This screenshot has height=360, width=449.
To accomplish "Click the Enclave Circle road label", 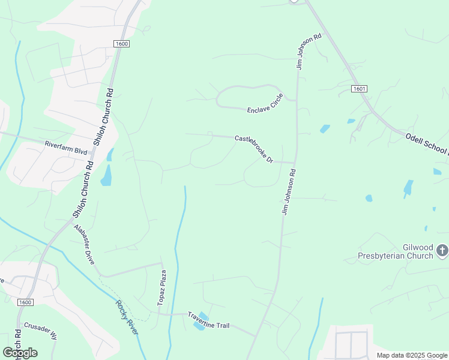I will coord(265,104).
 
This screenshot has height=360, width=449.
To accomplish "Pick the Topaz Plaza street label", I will coord(161,288).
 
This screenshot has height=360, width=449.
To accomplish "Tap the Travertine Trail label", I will coord(209,320).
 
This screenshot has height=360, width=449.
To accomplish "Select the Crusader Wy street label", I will coord(40,331).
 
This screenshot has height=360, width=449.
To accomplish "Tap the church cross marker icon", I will coord(442,250).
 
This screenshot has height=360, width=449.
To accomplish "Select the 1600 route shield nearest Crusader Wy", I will coord(25,302).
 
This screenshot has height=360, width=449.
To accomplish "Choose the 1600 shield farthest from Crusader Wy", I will coord(121,44).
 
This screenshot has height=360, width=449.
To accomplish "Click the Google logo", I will coord(20,352).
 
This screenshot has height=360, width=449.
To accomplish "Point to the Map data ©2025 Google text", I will coord(412,355).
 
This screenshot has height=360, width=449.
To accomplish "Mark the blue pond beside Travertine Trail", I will coord(200,322).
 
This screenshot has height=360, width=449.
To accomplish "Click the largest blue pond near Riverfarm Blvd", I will coord(106,175).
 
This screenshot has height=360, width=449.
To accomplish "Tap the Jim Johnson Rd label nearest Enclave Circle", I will coord(309,52).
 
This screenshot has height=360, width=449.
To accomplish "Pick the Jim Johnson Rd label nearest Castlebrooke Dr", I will coord(288,192).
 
